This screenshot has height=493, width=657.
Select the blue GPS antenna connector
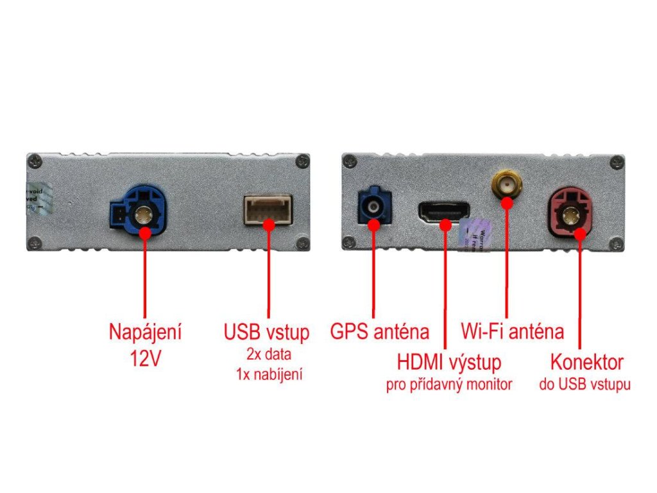point(373,207)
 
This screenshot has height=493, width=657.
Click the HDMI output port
point(444,211)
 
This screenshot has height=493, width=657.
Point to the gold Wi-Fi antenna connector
point(506,186)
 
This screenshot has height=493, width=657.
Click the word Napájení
point(145,333)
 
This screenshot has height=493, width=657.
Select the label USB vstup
point(266,333)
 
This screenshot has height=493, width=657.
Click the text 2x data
point(267,353)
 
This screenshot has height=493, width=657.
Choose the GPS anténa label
point(379,332)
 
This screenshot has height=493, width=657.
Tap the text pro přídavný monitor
point(448,385)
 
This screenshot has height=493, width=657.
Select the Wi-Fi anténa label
point(513,332)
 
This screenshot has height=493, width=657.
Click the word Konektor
point(586,362)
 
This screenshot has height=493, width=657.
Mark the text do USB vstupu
point(584,385)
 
